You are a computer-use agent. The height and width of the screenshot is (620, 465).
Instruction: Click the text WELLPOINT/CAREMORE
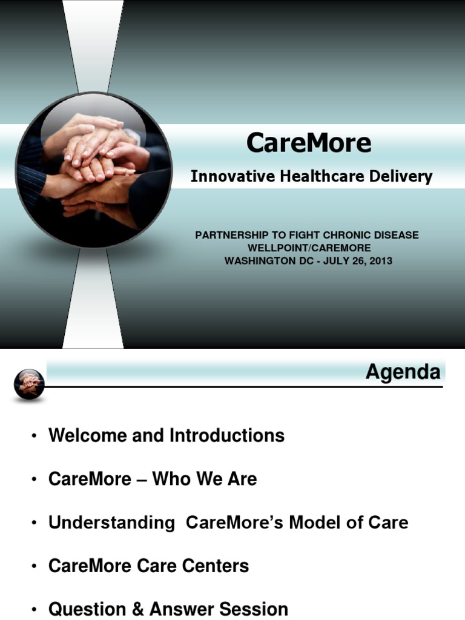309,248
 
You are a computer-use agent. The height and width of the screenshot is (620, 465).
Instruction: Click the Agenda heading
403,372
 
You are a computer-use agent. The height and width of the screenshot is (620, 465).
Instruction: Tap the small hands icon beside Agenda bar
29,383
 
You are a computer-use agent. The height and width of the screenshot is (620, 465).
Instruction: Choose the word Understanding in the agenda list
111,523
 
